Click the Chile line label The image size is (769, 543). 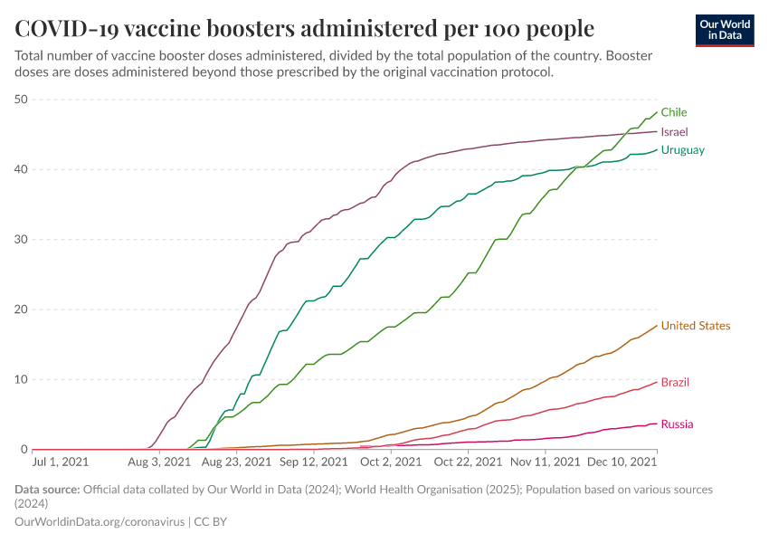(x=673, y=112)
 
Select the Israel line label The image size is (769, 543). (x=674, y=131)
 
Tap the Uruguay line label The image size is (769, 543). (x=682, y=150)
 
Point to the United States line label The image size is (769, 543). (x=695, y=326)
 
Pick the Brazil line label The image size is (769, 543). (x=675, y=382)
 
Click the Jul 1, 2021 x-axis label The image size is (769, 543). (x=61, y=462)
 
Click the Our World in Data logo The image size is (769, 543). (x=725, y=30)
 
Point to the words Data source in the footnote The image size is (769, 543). (x=47, y=490)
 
